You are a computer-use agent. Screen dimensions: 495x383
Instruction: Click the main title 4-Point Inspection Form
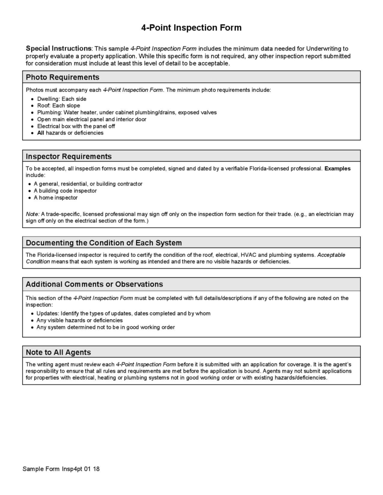coord(191,28)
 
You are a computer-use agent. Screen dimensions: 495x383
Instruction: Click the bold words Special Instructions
coord(58,49)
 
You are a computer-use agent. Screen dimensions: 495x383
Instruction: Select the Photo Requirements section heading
coord(63,77)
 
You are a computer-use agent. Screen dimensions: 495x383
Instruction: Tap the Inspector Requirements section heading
coord(68,157)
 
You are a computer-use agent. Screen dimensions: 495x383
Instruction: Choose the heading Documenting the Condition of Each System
coord(103,243)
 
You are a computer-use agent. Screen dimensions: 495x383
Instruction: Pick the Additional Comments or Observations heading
coord(94,284)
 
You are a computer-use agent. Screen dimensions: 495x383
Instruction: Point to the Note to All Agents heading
coord(58,352)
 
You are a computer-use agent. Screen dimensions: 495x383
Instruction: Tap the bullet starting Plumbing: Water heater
coord(127,112)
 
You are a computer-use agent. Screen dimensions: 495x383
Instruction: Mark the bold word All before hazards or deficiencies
coord(40,133)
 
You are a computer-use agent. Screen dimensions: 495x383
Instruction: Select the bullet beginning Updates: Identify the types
coord(123,313)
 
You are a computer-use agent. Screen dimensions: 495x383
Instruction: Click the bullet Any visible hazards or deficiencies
coord(79,320)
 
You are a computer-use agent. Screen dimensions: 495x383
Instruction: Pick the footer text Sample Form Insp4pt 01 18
coord(61,469)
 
